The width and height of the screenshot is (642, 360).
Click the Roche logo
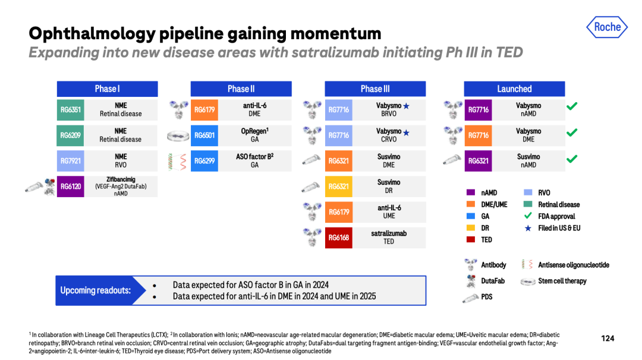point(607,27)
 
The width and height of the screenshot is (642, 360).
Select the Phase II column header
point(241,89)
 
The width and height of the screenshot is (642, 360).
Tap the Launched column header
point(514,89)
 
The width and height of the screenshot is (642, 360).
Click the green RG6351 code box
point(70,110)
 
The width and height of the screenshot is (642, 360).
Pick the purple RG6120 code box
point(70,187)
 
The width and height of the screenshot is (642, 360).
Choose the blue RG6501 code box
point(204,135)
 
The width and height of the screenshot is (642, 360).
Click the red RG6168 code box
point(339,238)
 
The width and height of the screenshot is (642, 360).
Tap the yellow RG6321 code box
point(339,187)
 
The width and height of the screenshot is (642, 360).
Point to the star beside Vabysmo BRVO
point(406,106)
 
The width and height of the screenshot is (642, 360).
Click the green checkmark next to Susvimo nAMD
point(572,159)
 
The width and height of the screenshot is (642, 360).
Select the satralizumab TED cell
point(389,238)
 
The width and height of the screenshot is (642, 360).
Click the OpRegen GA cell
point(254,135)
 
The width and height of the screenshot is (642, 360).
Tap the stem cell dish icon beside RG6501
point(178,135)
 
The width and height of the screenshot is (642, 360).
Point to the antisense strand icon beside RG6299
point(177,161)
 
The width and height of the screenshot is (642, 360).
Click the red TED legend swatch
point(471,240)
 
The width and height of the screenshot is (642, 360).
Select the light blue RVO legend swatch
point(528,192)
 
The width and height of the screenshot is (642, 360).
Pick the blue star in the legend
point(528,228)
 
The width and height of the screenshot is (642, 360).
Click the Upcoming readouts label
point(95,290)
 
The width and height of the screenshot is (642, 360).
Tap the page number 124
point(608,339)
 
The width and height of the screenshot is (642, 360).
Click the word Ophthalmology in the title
point(92,34)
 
